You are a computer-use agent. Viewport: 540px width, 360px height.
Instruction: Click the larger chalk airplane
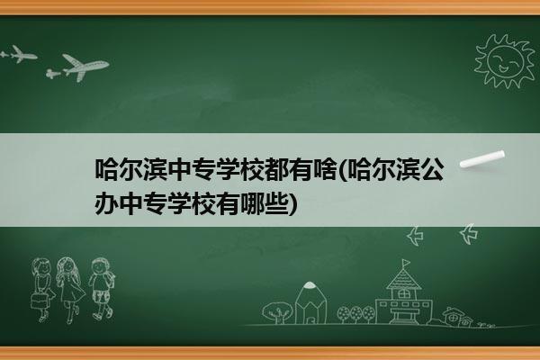pos(82,67)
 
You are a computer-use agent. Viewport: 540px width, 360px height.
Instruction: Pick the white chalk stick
pos(482,159)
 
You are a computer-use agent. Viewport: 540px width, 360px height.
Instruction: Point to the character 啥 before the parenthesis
pos(324,169)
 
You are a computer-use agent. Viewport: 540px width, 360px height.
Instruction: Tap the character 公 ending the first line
pos(433,169)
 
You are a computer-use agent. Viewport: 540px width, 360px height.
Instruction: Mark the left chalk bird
pos(415,236)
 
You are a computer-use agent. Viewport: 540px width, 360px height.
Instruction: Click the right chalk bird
pos(469,234)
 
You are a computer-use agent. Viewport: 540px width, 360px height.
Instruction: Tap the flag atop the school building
pos(406,263)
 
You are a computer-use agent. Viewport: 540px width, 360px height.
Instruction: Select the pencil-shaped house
pos(310,302)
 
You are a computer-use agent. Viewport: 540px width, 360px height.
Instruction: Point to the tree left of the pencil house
pos(277,312)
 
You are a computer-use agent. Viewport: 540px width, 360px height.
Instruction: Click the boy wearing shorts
pos(101,289)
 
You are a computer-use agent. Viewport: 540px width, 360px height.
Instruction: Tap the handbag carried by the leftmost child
pos(39,301)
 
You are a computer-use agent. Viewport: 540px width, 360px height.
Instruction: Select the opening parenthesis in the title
pos(341,170)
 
